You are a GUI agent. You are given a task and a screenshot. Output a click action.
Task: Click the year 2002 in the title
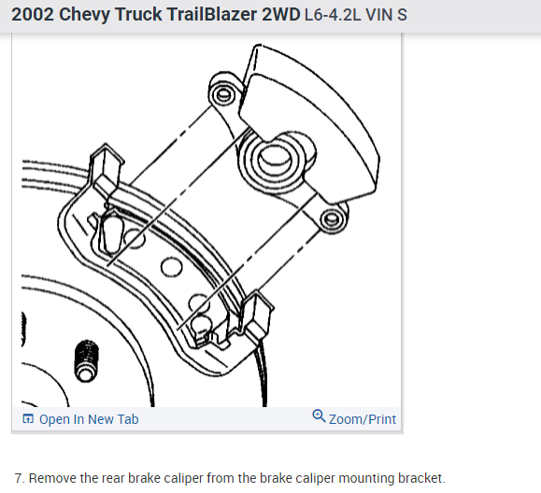tap(32, 16)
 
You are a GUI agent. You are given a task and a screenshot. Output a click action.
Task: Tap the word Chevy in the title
tap(81, 16)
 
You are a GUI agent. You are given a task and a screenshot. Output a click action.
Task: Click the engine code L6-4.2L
tap(335, 17)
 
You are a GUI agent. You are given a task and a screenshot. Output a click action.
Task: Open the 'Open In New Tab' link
tap(88, 419)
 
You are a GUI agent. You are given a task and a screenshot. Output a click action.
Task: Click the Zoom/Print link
tap(363, 419)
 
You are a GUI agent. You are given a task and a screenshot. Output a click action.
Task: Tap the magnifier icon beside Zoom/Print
tap(319, 417)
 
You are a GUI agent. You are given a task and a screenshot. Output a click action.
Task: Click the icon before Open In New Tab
tap(27, 419)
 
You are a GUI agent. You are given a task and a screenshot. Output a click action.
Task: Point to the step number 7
tap(19, 477)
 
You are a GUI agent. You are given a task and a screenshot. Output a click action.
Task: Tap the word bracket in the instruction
tap(418, 477)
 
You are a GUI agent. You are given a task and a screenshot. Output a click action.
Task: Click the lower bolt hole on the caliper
tap(329, 219)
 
